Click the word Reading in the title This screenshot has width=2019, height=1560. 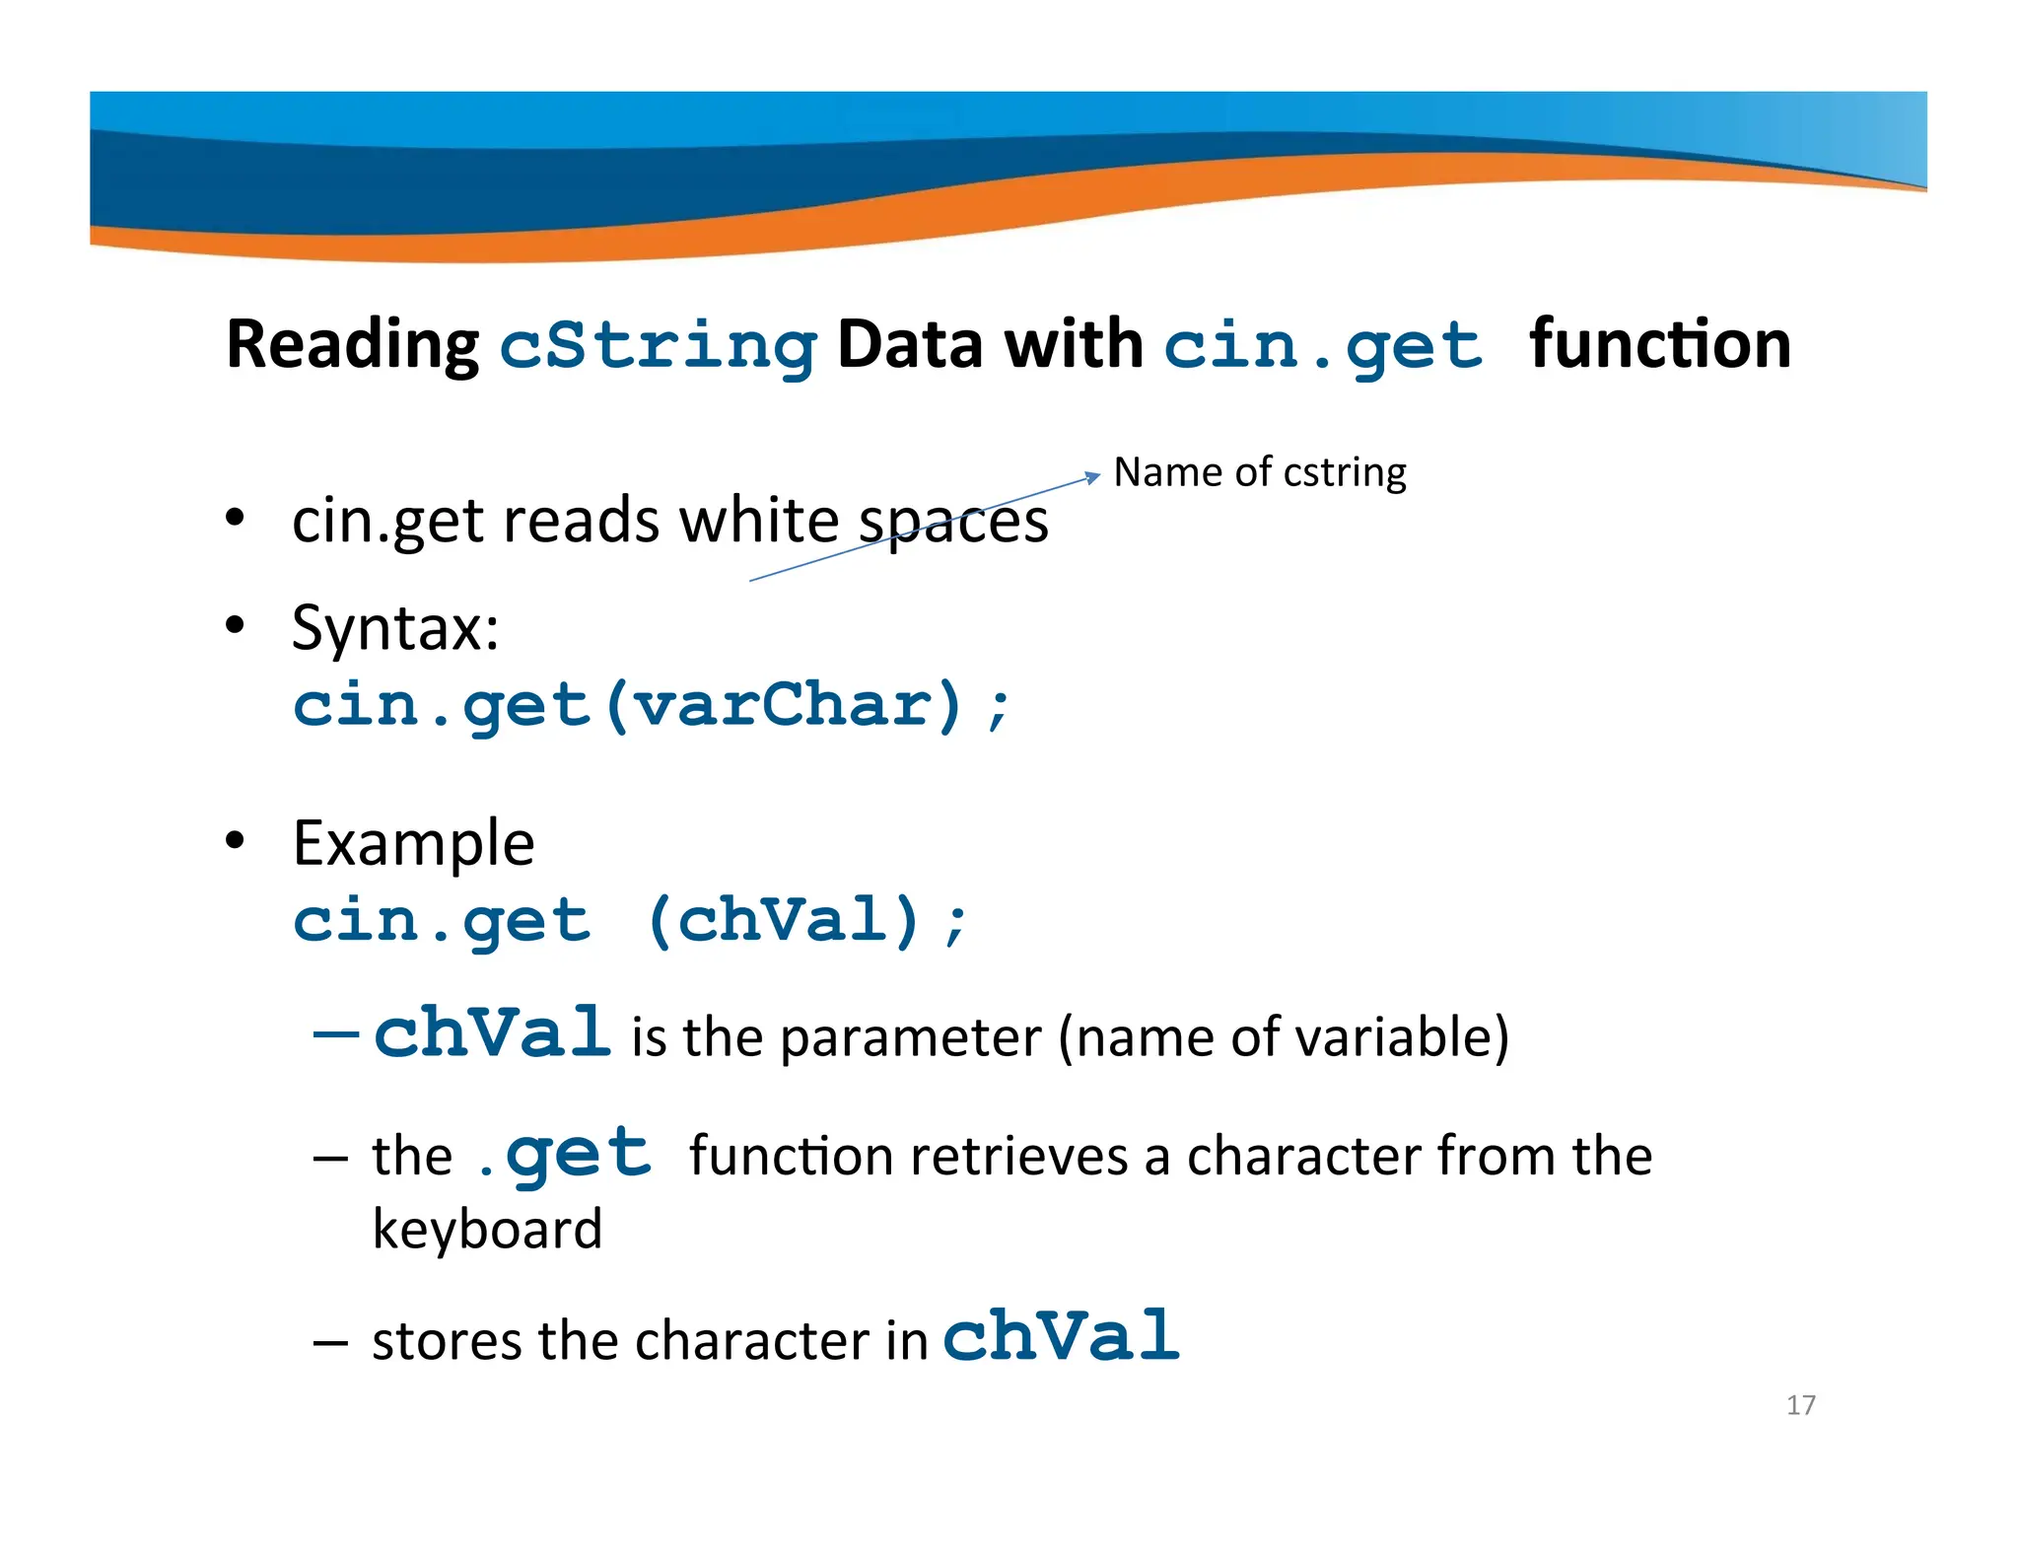pyautogui.click(x=352, y=345)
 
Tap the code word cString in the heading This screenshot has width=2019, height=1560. pyautogui.click(x=658, y=347)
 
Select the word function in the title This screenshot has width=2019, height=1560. pyautogui.click(x=1659, y=345)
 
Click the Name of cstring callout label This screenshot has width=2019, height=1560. pyautogui.click(x=1259, y=472)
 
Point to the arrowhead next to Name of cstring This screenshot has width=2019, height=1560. pyautogui.click(x=1092, y=477)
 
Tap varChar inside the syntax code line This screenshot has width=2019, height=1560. pyautogui.click(x=784, y=706)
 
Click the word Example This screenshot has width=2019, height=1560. pyautogui.click(x=413, y=844)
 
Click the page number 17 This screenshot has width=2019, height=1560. pyautogui.click(x=1800, y=1405)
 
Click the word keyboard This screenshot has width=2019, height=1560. pyautogui.click(x=487, y=1230)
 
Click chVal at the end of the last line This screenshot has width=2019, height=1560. pyautogui.click(x=1061, y=1336)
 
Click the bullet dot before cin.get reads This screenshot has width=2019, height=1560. pyautogui.click(x=234, y=518)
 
